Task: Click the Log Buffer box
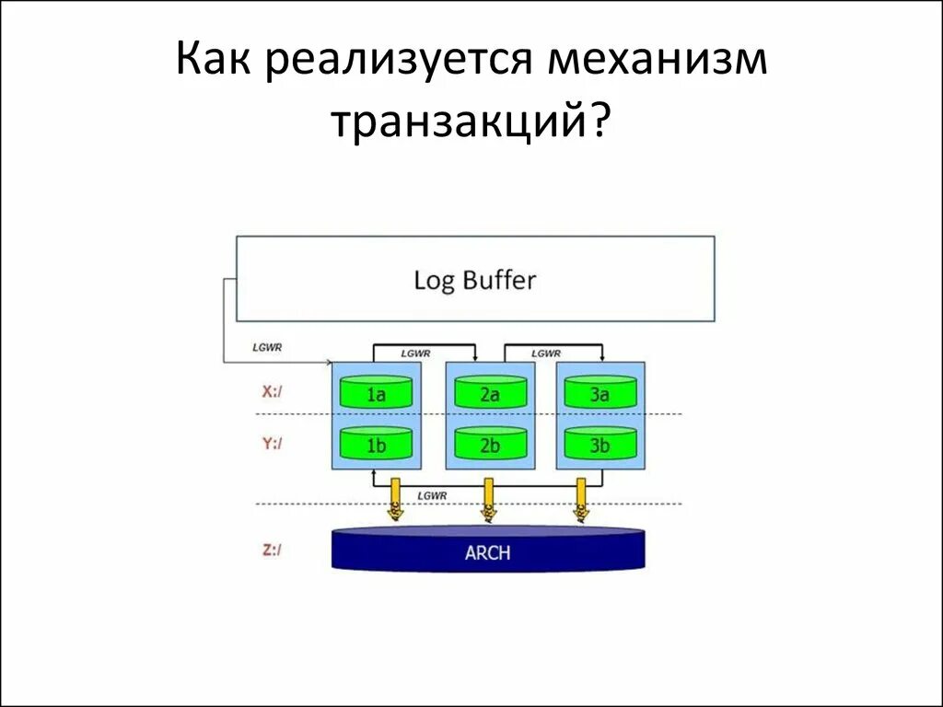tap(475, 279)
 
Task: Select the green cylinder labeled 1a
tap(376, 394)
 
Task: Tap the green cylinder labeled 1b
tap(376, 446)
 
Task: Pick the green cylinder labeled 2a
tap(489, 394)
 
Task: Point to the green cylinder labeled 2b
tap(489, 446)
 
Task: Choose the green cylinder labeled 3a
tap(600, 394)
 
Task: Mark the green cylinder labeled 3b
tap(600, 446)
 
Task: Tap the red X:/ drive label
tap(272, 391)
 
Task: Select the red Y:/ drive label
tap(272, 444)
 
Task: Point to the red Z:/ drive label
tap(272, 551)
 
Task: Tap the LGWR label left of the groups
tap(267, 347)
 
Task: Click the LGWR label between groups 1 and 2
tap(415, 353)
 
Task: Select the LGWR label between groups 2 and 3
tap(547, 353)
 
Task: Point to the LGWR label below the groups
tap(432, 495)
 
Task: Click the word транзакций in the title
tap(471, 122)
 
